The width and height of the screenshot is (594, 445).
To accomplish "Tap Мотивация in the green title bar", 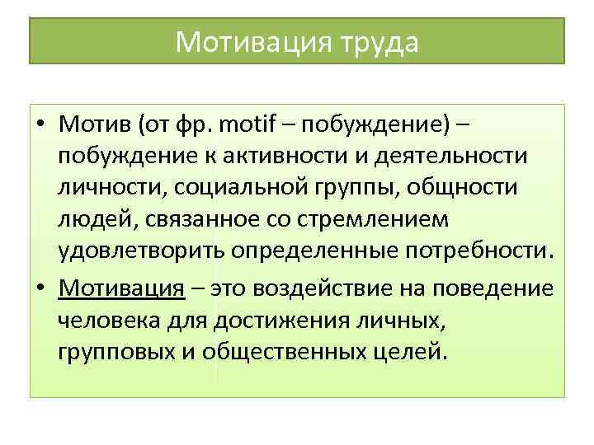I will click(244, 41).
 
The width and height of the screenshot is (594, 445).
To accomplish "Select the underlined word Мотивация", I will click(120, 288).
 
